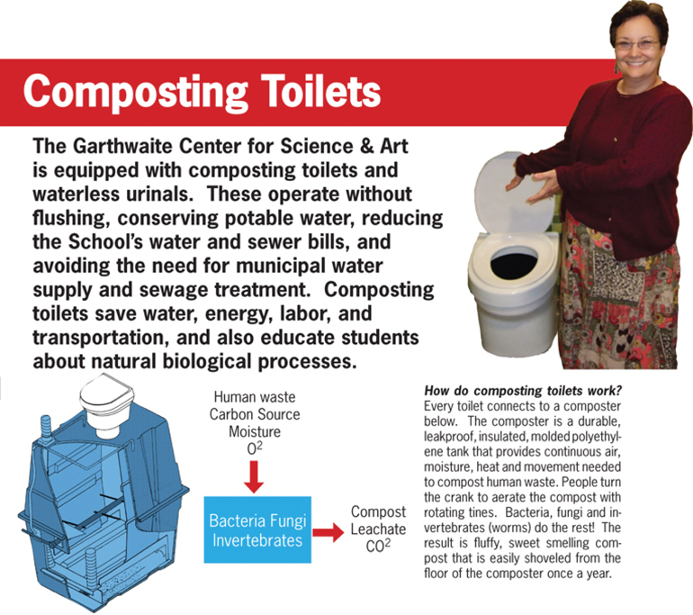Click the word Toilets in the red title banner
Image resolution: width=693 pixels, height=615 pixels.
tap(320, 91)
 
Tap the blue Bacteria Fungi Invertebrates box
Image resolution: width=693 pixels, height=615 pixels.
tap(257, 529)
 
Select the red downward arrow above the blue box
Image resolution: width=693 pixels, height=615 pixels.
tap(254, 477)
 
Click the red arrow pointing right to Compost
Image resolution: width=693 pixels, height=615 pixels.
tap(328, 532)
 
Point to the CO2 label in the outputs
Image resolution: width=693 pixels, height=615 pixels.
tap(378, 546)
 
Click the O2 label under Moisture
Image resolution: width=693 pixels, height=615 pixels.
tap(255, 448)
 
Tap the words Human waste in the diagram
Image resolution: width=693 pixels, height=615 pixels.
tap(255, 396)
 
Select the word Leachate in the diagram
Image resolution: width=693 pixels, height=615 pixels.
tap(378, 529)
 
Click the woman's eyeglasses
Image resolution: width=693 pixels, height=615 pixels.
tap(637, 44)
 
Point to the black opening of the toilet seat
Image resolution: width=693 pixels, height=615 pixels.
tap(514, 261)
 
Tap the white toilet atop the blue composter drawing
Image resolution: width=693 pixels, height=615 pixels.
tap(106, 404)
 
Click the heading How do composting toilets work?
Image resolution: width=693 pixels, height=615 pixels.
tap(523, 391)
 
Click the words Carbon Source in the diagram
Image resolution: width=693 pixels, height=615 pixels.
tap(255, 414)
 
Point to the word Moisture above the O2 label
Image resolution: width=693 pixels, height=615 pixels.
tap(255, 431)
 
